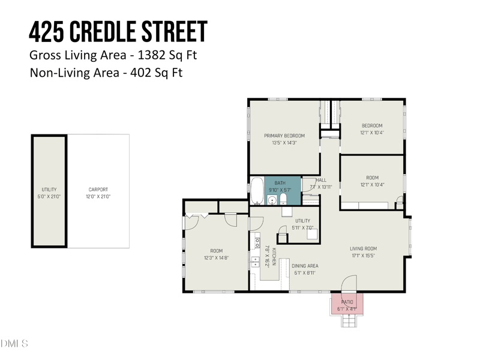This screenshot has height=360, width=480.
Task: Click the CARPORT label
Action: coord(98,190)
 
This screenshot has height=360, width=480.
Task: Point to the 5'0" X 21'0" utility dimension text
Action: coord(49,196)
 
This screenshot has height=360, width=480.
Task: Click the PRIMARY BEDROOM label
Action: coord(284,136)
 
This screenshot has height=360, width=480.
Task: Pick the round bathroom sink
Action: coord(271,200)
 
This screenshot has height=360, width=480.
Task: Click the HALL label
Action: coord(321,180)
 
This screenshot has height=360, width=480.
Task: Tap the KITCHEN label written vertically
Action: coord(274,257)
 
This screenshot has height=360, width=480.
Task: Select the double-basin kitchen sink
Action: coord(255,261)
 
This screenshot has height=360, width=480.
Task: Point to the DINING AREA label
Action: coord(304,266)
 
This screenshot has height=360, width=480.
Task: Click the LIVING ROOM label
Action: coord(363,248)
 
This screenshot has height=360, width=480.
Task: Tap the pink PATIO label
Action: coord(347,302)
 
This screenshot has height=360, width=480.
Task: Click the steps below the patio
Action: coord(349,320)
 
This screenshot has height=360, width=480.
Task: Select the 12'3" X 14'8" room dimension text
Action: coord(216,258)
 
